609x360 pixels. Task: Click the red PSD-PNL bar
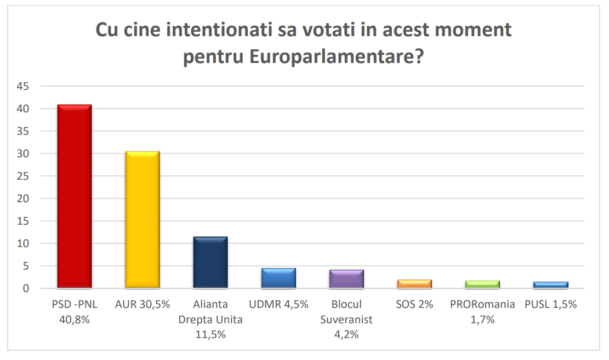(75, 196)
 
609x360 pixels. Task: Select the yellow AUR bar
(143, 219)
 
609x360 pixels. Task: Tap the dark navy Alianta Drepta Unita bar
(210, 262)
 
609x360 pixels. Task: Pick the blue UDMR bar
(278, 278)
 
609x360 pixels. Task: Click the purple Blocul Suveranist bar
(346, 279)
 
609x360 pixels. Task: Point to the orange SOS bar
(414, 284)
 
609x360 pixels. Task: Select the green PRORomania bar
(483, 284)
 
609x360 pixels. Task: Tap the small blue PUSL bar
(551, 285)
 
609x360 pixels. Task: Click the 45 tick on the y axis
(23, 86)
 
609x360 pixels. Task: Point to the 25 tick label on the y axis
(23, 176)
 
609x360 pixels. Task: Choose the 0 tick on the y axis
(26, 289)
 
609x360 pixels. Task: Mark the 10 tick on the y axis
(23, 243)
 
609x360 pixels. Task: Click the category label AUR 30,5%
(143, 305)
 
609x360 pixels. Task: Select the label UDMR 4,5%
(278, 305)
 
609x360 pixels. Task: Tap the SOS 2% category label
(414, 305)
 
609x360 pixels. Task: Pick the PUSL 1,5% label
(551, 305)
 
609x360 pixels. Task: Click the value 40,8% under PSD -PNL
(75, 319)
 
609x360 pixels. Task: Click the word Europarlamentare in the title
(337, 56)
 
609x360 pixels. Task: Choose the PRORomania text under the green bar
(483, 305)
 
